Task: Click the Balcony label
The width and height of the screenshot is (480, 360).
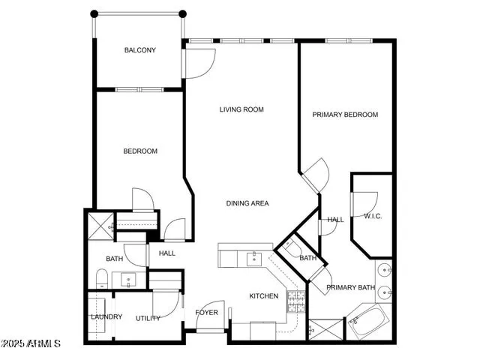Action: tap(140, 51)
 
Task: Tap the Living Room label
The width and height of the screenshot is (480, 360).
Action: tap(241, 110)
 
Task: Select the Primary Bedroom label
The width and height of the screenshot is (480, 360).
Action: tap(345, 115)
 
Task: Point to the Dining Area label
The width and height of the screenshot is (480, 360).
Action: tap(247, 203)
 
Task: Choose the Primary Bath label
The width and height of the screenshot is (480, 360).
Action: tap(350, 287)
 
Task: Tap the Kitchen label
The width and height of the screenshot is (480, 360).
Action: tap(264, 296)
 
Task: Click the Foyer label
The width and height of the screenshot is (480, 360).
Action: tap(207, 313)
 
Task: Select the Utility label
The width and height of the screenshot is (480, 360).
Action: tap(148, 318)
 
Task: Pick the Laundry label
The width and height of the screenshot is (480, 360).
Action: tap(106, 316)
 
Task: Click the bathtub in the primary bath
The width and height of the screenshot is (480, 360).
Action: tap(368, 322)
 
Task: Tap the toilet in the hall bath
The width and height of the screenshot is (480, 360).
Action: tap(102, 280)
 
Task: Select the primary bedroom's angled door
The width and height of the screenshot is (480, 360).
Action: tap(316, 175)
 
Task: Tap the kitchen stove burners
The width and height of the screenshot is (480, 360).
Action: tap(296, 301)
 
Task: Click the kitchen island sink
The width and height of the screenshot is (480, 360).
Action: tap(253, 259)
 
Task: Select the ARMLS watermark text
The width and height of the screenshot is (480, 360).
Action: tap(31, 343)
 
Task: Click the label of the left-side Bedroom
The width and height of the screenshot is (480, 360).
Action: tap(140, 151)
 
